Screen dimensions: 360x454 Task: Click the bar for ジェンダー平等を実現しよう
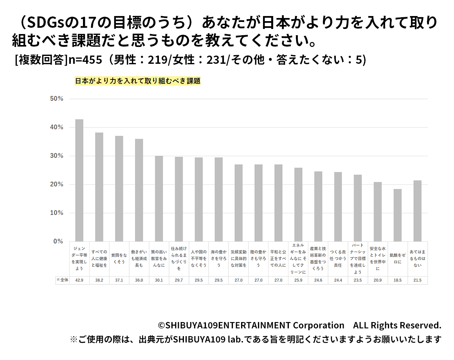(x=79, y=180)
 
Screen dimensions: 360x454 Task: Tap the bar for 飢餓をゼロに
(x=398, y=215)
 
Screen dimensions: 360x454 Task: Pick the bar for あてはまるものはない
(x=418, y=211)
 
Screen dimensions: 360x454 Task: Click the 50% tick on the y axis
(x=57, y=99)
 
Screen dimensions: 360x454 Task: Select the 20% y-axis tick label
(x=57, y=184)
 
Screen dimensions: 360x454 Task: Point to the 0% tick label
(x=58, y=241)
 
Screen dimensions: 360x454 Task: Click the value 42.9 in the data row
(x=79, y=280)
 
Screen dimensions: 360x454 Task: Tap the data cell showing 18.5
(x=398, y=280)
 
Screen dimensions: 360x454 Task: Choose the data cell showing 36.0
(x=139, y=280)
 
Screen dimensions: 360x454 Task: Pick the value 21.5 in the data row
(x=418, y=280)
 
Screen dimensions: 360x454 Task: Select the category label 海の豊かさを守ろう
(x=218, y=259)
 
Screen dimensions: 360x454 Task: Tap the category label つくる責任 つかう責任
(x=338, y=259)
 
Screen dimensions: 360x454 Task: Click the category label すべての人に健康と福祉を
(x=99, y=259)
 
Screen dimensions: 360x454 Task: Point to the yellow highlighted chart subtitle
(x=137, y=81)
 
